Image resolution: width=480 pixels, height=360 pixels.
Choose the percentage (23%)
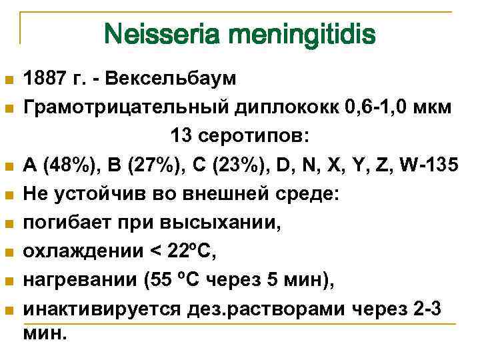pyautogui.click(x=242, y=165)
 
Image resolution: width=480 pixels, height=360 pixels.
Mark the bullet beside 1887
pyautogui.click(x=9, y=81)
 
